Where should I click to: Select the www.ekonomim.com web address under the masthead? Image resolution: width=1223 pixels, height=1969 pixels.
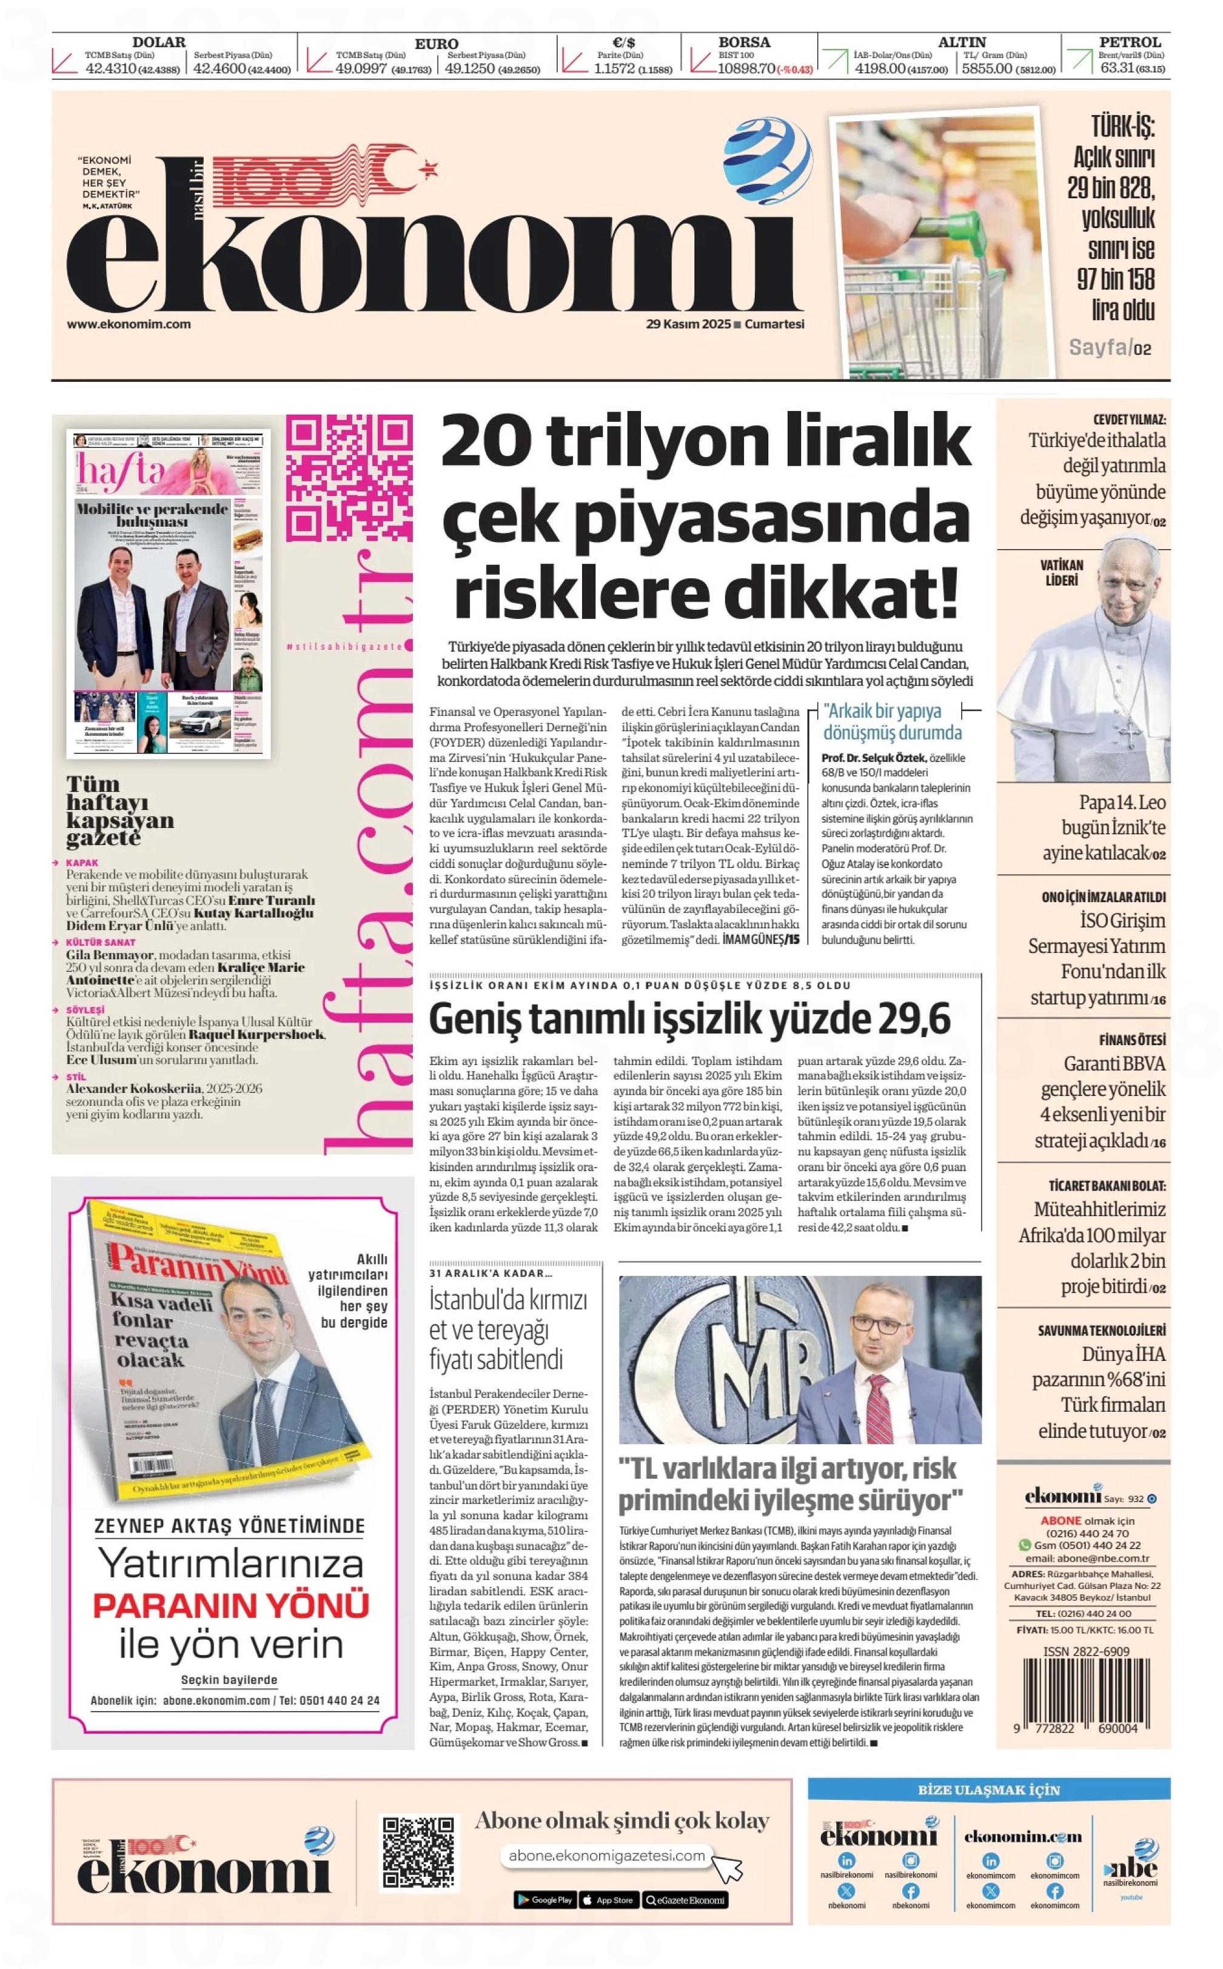[129, 324]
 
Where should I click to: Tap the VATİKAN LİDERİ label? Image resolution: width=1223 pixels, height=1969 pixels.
[1060, 572]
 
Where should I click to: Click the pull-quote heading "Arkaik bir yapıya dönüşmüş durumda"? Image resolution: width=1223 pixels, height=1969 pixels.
[892, 722]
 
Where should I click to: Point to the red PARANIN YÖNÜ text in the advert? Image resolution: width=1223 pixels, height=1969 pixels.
[232, 1604]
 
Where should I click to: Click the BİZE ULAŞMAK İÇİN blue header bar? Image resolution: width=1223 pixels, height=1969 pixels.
[988, 1790]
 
